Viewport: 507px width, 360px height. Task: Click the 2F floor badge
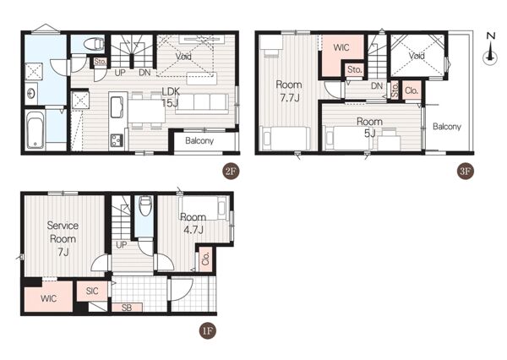pos(231,172)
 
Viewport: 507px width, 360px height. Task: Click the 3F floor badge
pos(466,172)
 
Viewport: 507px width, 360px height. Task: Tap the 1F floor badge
pos(207,331)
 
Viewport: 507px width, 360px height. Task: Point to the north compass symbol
pos(490,50)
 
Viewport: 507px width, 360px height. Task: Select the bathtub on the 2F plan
pos(35,130)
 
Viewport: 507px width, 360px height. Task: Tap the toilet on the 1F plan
pos(145,206)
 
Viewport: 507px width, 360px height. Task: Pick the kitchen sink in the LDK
pos(117,106)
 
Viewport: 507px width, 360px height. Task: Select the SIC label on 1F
pos(92,291)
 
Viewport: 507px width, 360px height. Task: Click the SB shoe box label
pos(127,308)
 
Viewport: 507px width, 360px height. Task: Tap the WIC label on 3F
pos(341,47)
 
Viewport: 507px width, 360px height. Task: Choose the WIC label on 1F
pos(48,298)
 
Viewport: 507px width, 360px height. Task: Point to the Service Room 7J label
pos(63,238)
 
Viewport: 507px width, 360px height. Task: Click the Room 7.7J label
pos(289,91)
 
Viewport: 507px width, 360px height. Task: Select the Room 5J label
pos(369,127)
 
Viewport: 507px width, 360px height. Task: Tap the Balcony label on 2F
pos(199,140)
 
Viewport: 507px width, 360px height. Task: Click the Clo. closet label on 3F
pos(412,90)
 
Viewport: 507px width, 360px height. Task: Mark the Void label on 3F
pos(417,56)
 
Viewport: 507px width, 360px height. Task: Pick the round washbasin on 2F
pos(31,94)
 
